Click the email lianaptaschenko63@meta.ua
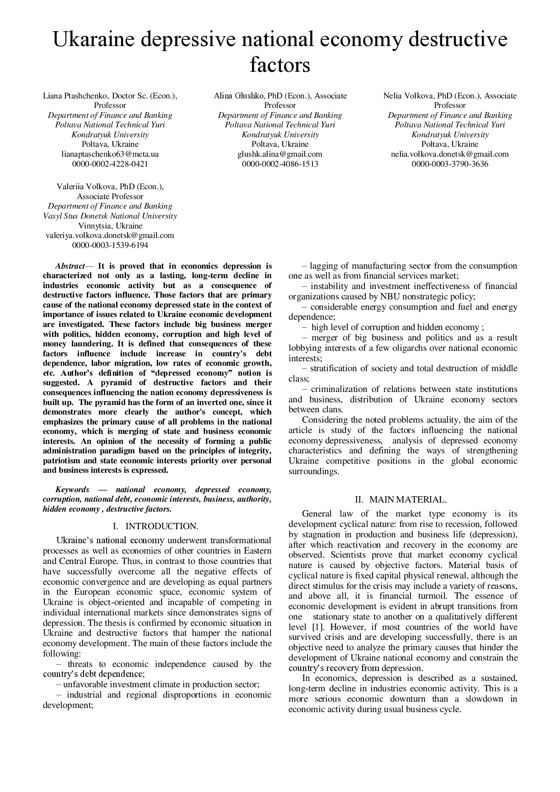[110, 154]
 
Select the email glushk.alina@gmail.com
[280, 154]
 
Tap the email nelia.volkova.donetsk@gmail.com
[450, 154]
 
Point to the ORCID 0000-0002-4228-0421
[110, 164]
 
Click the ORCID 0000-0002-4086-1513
[280, 164]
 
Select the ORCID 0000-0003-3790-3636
[450, 164]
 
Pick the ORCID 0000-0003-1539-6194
[110, 245]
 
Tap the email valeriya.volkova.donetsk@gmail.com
[110, 235]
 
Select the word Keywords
[72, 489]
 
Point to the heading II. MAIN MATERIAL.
[401, 499]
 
